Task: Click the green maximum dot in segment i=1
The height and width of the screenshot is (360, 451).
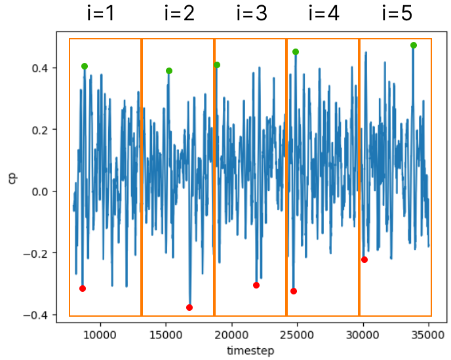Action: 85,66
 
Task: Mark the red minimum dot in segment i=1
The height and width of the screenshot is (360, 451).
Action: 83,289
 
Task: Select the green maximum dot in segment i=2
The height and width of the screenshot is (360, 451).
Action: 169,71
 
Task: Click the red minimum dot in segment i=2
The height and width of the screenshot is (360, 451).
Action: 189,308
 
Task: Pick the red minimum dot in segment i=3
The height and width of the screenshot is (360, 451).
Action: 256,285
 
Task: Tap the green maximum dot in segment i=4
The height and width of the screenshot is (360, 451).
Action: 296,52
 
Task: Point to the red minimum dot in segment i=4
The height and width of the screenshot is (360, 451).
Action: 294,291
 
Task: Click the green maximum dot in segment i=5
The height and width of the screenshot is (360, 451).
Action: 413,45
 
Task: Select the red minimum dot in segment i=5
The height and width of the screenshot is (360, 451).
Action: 364,260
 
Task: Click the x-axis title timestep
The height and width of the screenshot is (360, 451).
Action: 250,351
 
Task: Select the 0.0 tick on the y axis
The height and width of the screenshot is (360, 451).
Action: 49,191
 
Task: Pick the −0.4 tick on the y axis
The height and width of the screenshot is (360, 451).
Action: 47,315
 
